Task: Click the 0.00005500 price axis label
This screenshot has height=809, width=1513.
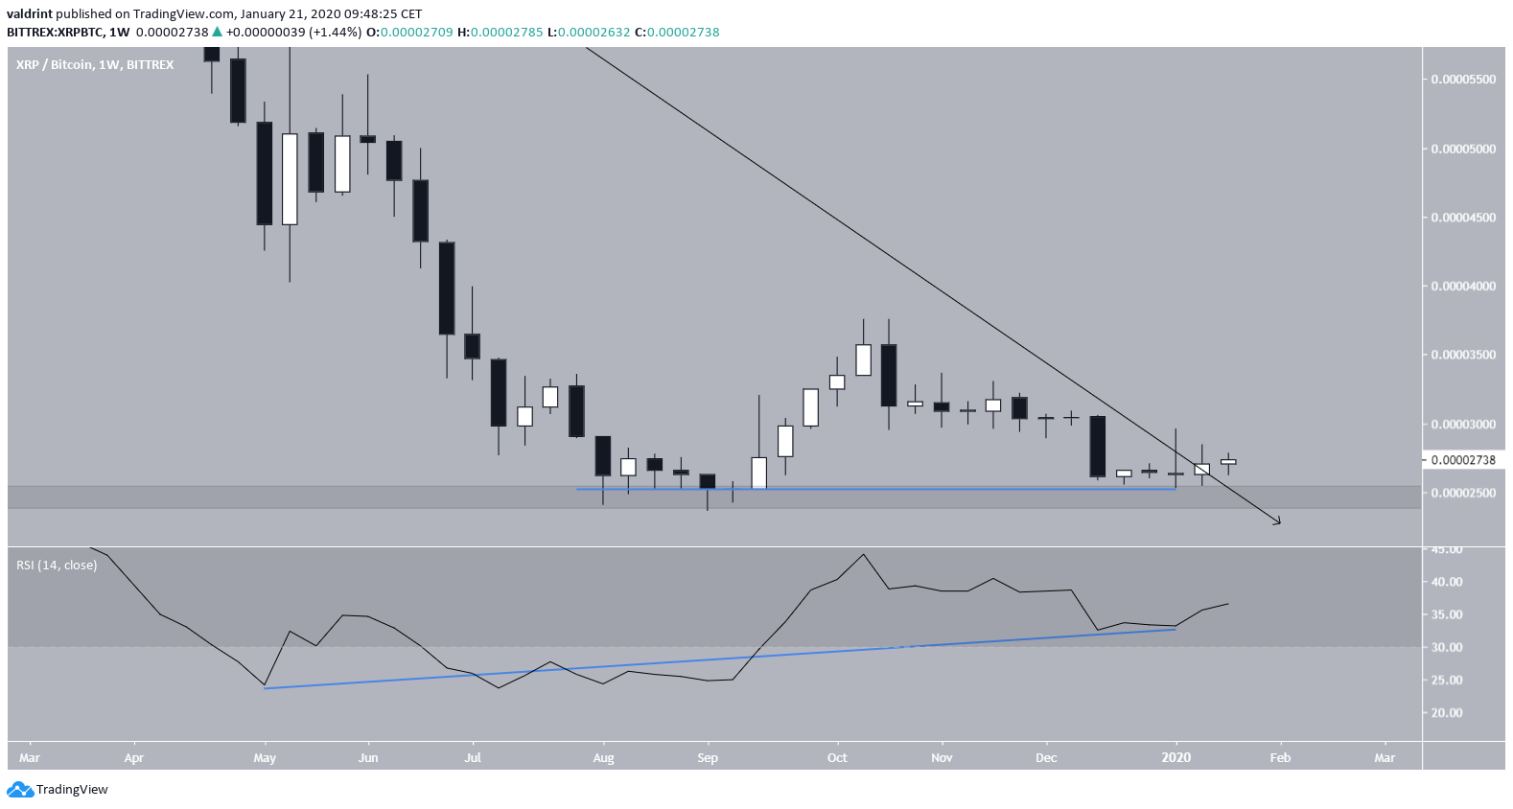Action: tap(1462, 80)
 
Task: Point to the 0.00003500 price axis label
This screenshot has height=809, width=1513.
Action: tap(1462, 355)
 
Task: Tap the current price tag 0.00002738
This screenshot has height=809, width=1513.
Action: tap(1462, 460)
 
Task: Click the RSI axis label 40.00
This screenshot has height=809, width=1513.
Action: tap(1447, 582)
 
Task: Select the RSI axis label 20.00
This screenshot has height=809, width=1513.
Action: tap(1447, 713)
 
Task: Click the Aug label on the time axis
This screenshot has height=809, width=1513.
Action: tap(603, 758)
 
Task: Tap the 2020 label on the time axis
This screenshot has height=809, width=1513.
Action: tap(1175, 758)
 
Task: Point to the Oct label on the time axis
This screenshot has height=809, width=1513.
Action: tap(837, 758)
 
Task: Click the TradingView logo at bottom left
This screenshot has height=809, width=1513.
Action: tap(58, 790)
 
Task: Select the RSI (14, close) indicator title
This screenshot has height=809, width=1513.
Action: tap(57, 566)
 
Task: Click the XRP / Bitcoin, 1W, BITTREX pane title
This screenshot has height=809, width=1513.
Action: tap(95, 65)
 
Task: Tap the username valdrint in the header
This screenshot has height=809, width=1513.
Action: tap(30, 14)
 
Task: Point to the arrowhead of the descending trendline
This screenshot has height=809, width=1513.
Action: tap(1278, 522)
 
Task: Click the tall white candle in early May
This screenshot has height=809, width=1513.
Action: tap(290, 179)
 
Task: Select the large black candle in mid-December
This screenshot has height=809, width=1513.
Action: tap(1098, 447)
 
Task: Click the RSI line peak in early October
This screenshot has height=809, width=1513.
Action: tap(864, 554)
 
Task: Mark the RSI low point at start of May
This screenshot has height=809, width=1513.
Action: tap(265, 686)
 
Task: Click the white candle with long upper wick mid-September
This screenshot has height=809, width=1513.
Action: tap(758, 473)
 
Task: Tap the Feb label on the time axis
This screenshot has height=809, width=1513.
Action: tap(1280, 758)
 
